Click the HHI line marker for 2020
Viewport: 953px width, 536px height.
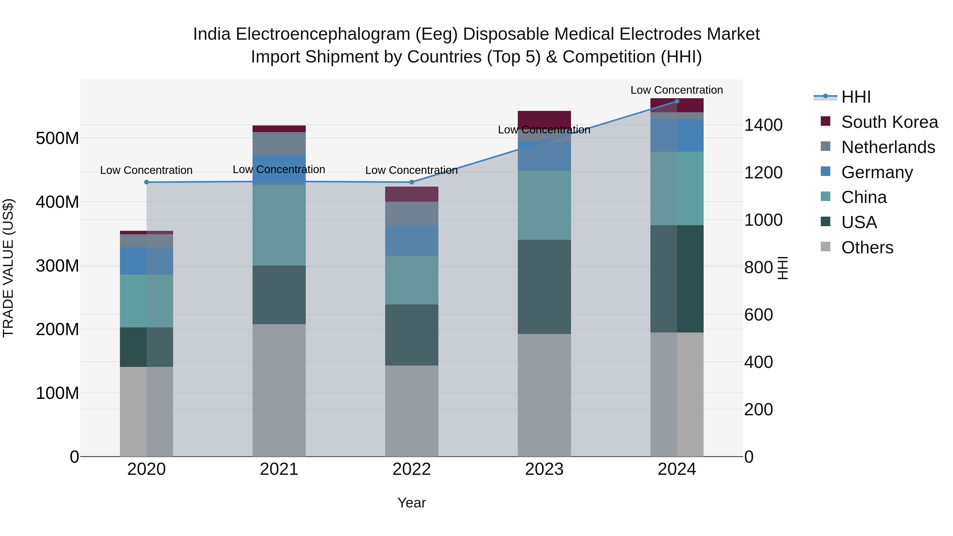pos(146,182)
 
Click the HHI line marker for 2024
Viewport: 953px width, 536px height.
pos(677,101)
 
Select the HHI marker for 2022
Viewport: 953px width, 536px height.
pos(411,182)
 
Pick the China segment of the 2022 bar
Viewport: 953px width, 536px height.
pos(411,280)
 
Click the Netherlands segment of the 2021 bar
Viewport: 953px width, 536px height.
pos(279,143)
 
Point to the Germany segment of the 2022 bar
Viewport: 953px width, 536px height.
pos(411,240)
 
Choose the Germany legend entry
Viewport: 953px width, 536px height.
pos(877,172)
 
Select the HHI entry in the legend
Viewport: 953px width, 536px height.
pos(856,97)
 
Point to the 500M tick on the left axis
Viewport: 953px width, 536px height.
pos(57,138)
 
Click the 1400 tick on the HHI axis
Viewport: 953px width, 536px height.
pos(763,125)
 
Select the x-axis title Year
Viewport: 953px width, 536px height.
pos(411,503)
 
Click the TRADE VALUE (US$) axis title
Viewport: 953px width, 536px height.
pos(8,268)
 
